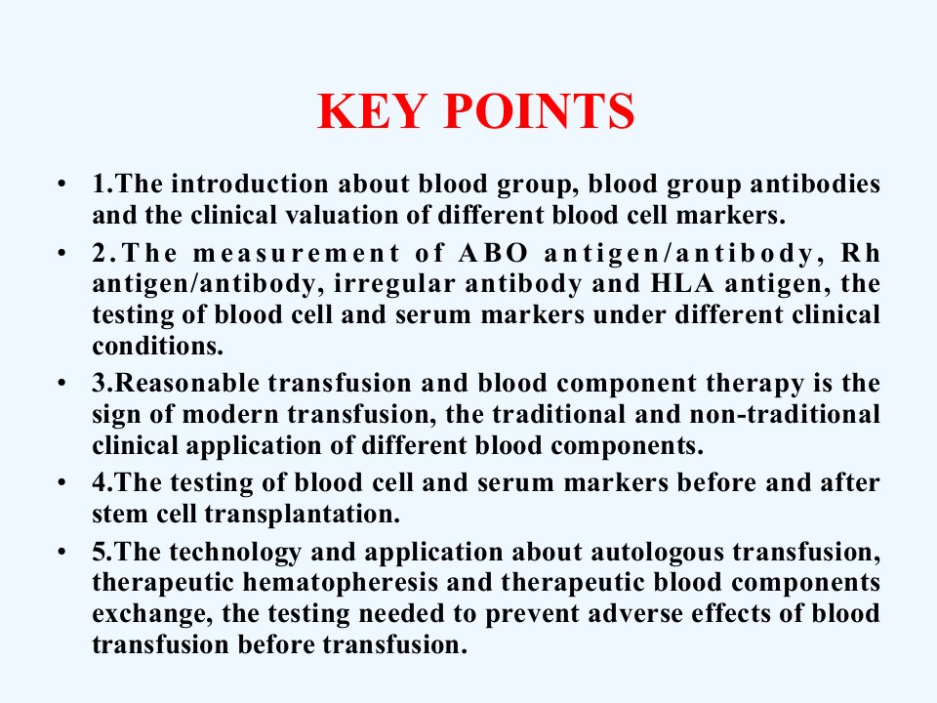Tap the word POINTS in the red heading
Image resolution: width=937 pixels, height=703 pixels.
pyautogui.click(x=539, y=111)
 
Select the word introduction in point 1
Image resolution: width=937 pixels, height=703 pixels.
pyautogui.click(x=250, y=184)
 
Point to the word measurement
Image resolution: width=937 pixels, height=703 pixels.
pyautogui.click(x=297, y=253)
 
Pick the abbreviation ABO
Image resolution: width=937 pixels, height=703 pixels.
pyautogui.click(x=494, y=253)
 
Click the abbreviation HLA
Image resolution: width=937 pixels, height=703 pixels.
pyautogui.click(x=682, y=283)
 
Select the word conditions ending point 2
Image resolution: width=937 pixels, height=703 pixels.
pyautogui.click(x=158, y=346)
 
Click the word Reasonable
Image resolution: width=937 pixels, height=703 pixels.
pyautogui.click(x=186, y=383)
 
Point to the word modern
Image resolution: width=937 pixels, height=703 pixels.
pyautogui.click(x=230, y=414)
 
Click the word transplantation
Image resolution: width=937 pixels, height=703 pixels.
pyautogui.click(x=303, y=515)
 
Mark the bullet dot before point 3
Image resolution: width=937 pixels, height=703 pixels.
pyautogui.click(x=62, y=383)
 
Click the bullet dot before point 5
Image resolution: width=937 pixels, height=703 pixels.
pyautogui.click(x=62, y=551)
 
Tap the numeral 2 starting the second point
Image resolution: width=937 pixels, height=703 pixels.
pyautogui.click(x=100, y=253)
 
